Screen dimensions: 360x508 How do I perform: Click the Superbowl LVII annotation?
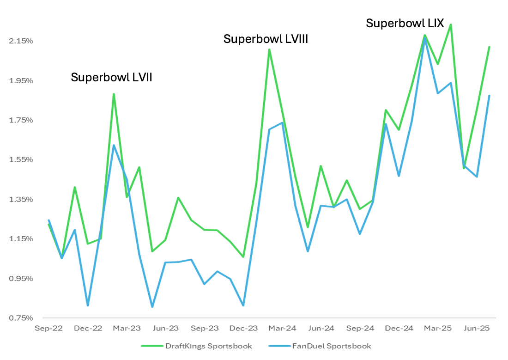(x=111, y=78)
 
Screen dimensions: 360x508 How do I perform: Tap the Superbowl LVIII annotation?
(x=266, y=39)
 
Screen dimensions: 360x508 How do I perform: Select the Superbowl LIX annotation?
(x=405, y=23)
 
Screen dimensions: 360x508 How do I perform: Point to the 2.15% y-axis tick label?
(x=21, y=41)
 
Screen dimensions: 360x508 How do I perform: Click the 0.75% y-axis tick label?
(x=21, y=318)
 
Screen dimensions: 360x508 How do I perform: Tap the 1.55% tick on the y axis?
(x=21, y=160)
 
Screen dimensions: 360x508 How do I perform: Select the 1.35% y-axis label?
(x=21, y=200)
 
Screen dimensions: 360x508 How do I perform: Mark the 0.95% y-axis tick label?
(x=21, y=279)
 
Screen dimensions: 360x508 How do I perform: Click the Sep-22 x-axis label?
(x=49, y=328)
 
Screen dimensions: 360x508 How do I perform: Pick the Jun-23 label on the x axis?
(x=165, y=328)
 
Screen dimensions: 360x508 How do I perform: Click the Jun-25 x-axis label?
(x=476, y=328)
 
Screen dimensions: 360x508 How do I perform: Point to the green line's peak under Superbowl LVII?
(x=114, y=94)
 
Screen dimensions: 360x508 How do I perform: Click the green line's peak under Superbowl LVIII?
(x=269, y=49)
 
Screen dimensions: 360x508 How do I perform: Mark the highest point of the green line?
(x=450, y=24)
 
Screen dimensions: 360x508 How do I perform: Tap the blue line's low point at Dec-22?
(x=88, y=305)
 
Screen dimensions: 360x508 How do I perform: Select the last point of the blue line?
(x=489, y=96)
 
